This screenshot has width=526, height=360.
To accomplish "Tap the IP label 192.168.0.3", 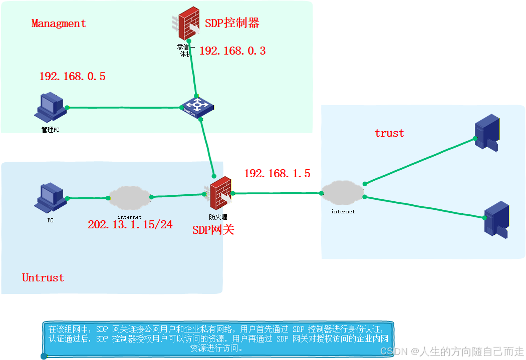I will [x=232, y=51].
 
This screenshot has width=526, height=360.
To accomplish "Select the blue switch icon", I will [x=196, y=106].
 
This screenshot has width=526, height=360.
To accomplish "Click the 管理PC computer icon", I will [x=51, y=107].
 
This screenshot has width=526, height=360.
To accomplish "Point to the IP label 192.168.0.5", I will [x=72, y=77].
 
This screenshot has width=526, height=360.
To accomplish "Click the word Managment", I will [x=59, y=24].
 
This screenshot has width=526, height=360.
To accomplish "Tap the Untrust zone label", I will [x=43, y=278].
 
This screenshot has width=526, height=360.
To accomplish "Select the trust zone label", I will [x=389, y=133].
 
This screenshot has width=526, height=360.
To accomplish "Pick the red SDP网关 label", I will [x=213, y=230].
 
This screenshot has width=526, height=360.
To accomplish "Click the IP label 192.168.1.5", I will [x=277, y=174].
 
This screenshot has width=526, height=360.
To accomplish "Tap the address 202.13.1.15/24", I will [x=130, y=225].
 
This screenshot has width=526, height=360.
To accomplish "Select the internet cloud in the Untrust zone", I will [x=129, y=197].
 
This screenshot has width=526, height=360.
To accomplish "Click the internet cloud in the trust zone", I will [x=343, y=192].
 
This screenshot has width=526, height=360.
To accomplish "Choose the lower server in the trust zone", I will [x=496, y=219].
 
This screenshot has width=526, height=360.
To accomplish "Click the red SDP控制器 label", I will [x=232, y=23].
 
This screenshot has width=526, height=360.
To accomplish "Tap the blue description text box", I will [x=217, y=338].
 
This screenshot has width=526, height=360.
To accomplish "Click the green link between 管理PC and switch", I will [x=125, y=107].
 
